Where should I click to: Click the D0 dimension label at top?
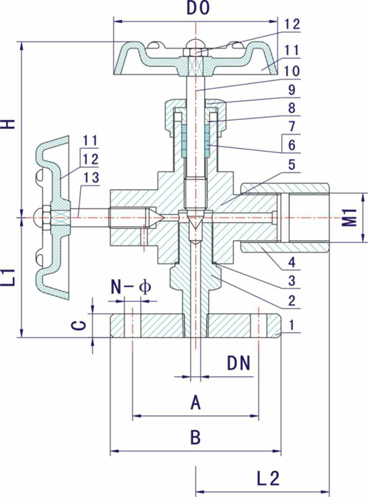coord(198,9)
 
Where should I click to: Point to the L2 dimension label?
coord(268,479)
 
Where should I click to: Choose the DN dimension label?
coord(239,363)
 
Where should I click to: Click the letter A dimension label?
coord(196,403)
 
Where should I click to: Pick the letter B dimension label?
coord(196,437)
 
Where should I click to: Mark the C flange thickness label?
coord(82,325)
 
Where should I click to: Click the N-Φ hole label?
coord(131,287)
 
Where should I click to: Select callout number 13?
coord(91,178)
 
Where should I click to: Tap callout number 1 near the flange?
coord(292,325)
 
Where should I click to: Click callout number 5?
coord(291,165)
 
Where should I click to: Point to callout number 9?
coord(291,90)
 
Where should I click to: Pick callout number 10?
coord(291,71)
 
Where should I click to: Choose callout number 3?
coord(291,281)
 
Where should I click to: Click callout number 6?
coord(291,145)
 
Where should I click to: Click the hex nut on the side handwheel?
coord(46,217)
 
